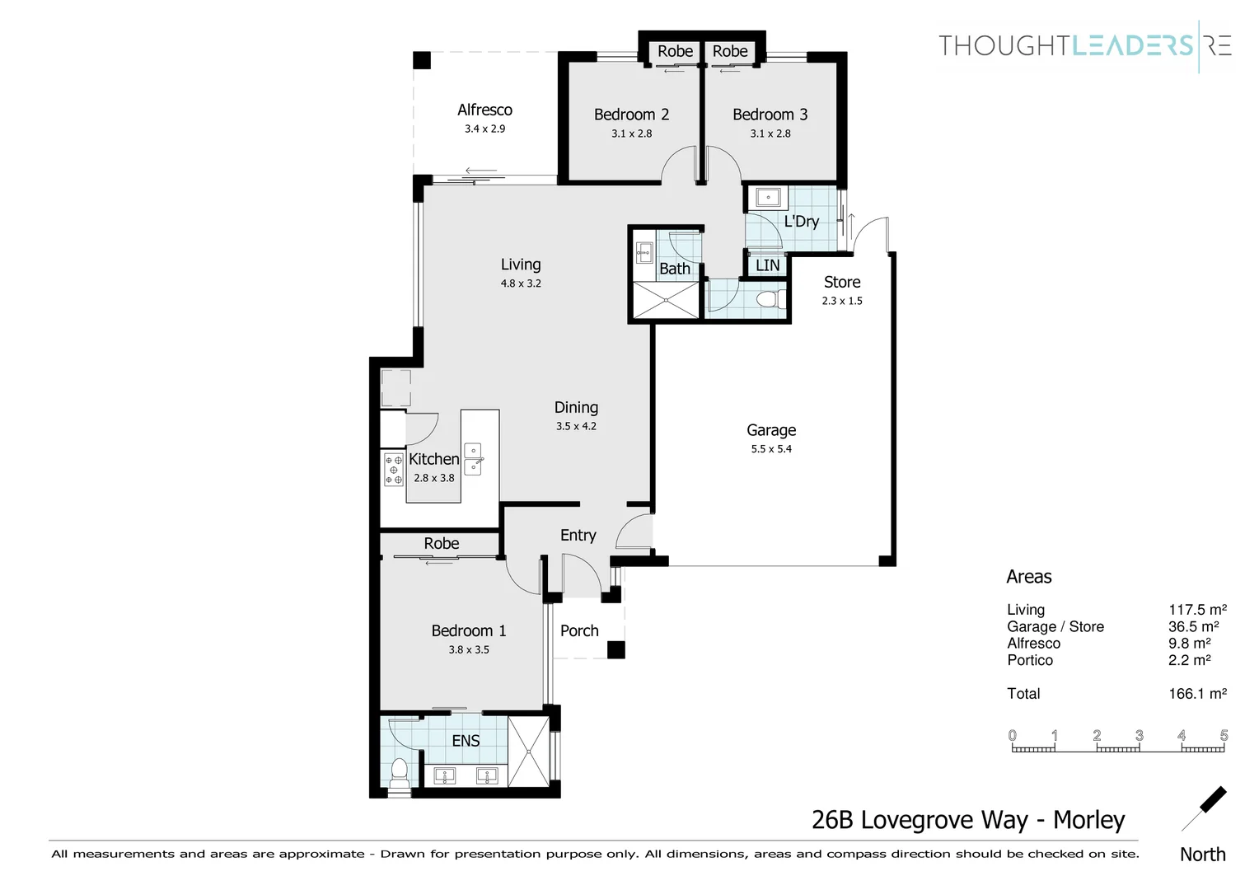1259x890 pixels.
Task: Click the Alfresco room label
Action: coord(484,110)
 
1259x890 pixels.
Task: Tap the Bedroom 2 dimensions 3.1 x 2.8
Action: coord(631,133)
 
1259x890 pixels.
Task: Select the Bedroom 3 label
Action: coord(770,115)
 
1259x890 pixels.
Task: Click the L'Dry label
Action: coord(801,221)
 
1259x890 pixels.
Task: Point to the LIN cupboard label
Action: coord(767,265)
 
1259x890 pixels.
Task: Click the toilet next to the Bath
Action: coord(770,299)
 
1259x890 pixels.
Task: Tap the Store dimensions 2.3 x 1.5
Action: coord(841,301)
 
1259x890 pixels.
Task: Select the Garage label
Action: coord(770,430)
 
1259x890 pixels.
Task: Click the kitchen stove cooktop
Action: coord(393,469)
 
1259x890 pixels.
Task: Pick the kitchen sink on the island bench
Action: coord(473,459)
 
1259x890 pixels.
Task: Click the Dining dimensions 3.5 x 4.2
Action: coord(576,426)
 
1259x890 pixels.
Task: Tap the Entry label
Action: coord(578,535)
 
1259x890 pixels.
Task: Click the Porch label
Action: coord(579,630)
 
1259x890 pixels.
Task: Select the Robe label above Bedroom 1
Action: coord(441,543)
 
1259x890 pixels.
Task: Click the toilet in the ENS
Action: coord(399,771)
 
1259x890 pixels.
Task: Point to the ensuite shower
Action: coord(528,752)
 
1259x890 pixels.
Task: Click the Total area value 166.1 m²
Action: coord(1197,694)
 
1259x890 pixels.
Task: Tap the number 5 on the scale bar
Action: coord(1224,735)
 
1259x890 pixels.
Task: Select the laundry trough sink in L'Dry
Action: coord(768,198)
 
